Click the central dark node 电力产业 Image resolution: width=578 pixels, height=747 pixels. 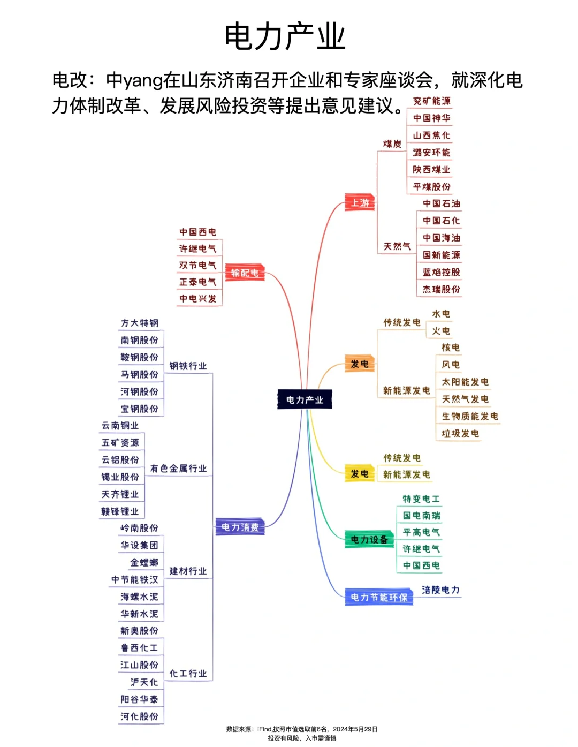[305, 399]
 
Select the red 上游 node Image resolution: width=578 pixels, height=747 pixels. [360, 203]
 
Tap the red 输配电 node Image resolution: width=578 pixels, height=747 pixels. [245, 273]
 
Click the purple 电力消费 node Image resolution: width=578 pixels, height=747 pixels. [240, 527]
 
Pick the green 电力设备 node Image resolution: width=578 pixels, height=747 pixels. [369, 540]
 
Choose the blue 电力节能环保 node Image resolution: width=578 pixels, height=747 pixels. [379, 597]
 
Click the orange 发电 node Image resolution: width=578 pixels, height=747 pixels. [359, 364]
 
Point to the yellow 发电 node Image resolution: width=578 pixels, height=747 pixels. [359, 474]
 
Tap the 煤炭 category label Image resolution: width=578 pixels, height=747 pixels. [392, 144]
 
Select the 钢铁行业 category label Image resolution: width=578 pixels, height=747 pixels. [188, 366]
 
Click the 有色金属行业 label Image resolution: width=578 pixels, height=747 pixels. [178, 469]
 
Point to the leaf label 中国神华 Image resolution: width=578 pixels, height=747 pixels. [431, 118]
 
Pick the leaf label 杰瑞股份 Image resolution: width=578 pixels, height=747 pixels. [441, 289]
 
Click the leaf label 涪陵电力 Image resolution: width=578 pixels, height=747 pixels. [440, 590]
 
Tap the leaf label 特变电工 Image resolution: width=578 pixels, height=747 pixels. [421, 499]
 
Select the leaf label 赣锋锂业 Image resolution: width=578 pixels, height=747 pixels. [120, 511]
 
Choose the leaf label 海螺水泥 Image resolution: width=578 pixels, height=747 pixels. [139, 597]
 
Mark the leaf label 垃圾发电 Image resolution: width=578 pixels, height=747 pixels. [460, 433]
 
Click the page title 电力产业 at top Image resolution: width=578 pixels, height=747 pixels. [285, 36]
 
